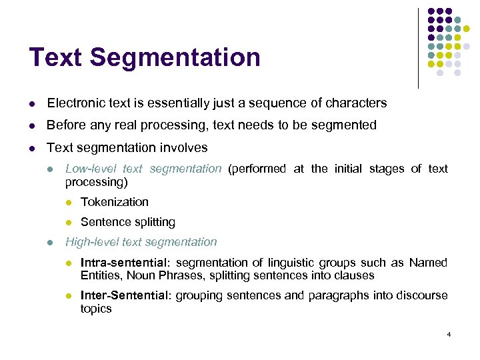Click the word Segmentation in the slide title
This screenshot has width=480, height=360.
[175, 58]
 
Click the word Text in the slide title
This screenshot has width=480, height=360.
[56, 58]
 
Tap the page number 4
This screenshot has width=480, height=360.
[449, 333]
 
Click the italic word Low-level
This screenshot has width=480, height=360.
[89, 169]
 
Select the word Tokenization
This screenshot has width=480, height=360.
[114, 201]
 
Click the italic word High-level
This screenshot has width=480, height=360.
[91, 242]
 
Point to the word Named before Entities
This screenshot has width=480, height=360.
[428, 263]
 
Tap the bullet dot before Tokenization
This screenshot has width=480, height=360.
[68, 202]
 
